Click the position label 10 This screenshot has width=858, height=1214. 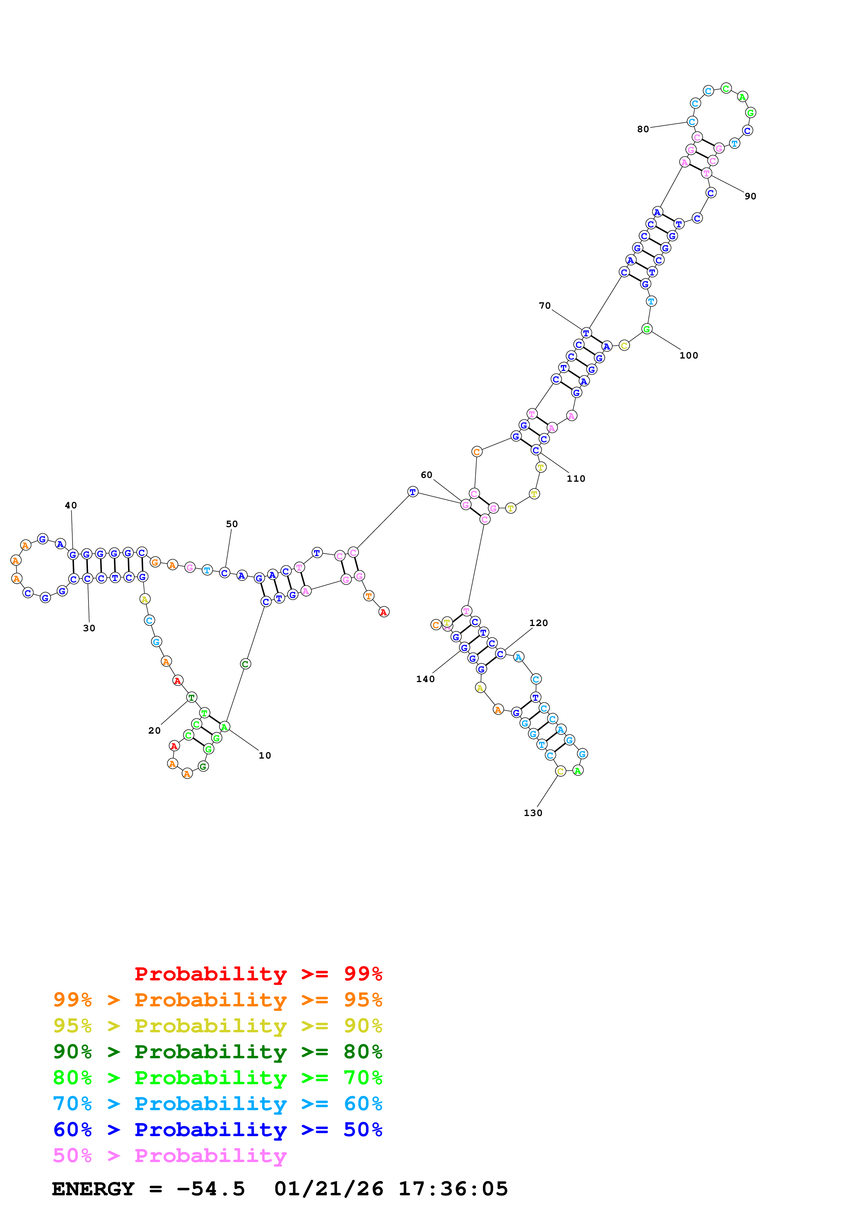pos(264,755)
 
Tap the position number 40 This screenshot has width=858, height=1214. pos(71,506)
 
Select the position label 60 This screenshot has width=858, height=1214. pos(426,475)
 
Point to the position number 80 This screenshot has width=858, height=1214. pos(642,129)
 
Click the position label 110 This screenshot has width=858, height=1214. pos(576,479)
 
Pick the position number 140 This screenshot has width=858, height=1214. pos(425,679)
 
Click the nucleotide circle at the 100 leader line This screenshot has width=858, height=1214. pos(647,329)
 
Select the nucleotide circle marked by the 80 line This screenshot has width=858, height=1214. pos(692,121)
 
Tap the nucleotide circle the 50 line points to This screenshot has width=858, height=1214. pos(225,573)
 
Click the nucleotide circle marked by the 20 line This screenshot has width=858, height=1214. pos(191,697)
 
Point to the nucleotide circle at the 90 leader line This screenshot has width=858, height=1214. pos(706,173)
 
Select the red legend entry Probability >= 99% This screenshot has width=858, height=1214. pos(258,973)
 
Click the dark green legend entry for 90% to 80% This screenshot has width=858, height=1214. pos(217,1052)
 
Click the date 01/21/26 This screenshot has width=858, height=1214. pos(328,1189)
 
